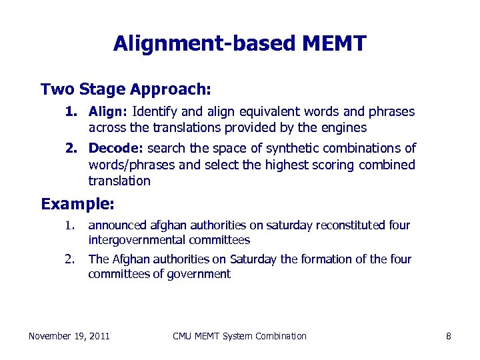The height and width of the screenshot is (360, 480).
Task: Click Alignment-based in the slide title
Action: tap(204, 44)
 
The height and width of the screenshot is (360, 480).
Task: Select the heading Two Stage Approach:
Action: tap(126, 89)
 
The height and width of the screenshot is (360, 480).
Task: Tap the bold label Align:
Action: tap(109, 111)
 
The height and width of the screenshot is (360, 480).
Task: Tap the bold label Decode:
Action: tap(116, 148)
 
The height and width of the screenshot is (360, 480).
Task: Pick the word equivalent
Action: tap(267, 111)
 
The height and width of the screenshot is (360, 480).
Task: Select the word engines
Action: tap(345, 127)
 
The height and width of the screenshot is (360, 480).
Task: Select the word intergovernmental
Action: tap(137, 240)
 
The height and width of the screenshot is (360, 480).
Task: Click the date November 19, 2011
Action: tap(69, 336)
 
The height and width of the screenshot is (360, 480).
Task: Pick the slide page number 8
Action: tap(449, 336)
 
